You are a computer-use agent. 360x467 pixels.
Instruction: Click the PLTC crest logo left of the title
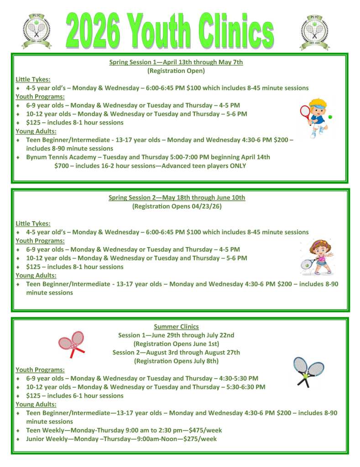[x=36, y=30]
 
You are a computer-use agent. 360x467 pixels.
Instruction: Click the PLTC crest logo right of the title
[x=315, y=30]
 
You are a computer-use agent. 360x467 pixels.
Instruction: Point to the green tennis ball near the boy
[x=330, y=117]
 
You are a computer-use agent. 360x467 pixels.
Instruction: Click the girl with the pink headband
[x=316, y=257]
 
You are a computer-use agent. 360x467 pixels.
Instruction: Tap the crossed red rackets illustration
[x=72, y=343]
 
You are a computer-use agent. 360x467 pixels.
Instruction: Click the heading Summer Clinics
[x=176, y=327]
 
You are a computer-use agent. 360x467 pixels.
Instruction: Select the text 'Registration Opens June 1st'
[x=176, y=344]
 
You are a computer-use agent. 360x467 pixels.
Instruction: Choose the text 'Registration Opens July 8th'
[x=176, y=361]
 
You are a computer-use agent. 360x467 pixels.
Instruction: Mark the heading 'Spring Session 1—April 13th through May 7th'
[x=176, y=62]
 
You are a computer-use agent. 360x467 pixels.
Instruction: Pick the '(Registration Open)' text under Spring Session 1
[x=176, y=71]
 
